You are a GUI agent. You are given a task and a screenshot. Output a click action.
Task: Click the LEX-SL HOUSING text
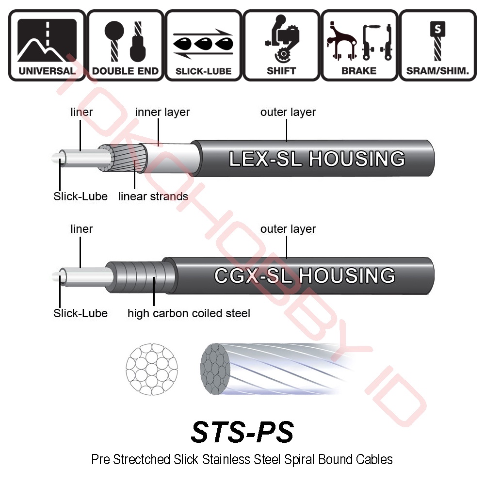click(317, 159)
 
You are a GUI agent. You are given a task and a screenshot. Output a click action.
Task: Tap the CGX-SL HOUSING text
click(305, 275)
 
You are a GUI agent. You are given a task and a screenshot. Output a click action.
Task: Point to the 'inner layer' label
click(162, 112)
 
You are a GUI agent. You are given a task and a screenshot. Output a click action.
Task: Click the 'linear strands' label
click(153, 196)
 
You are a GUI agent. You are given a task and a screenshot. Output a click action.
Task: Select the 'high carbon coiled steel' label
click(189, 313)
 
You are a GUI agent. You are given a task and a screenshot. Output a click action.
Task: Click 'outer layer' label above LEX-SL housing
click(288, 112)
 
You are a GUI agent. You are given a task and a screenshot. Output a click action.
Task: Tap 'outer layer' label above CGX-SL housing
click(288, 229)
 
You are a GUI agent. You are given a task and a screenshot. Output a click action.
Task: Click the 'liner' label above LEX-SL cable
click(81, 112)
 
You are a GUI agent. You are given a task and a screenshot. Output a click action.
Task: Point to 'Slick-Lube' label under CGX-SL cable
click(81, 313)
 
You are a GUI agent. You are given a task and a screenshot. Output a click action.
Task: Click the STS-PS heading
click(242, 431)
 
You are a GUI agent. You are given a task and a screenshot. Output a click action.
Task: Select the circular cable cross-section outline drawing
click(151, 369)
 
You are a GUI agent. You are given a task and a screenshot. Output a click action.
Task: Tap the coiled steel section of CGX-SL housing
click(141, 276)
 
